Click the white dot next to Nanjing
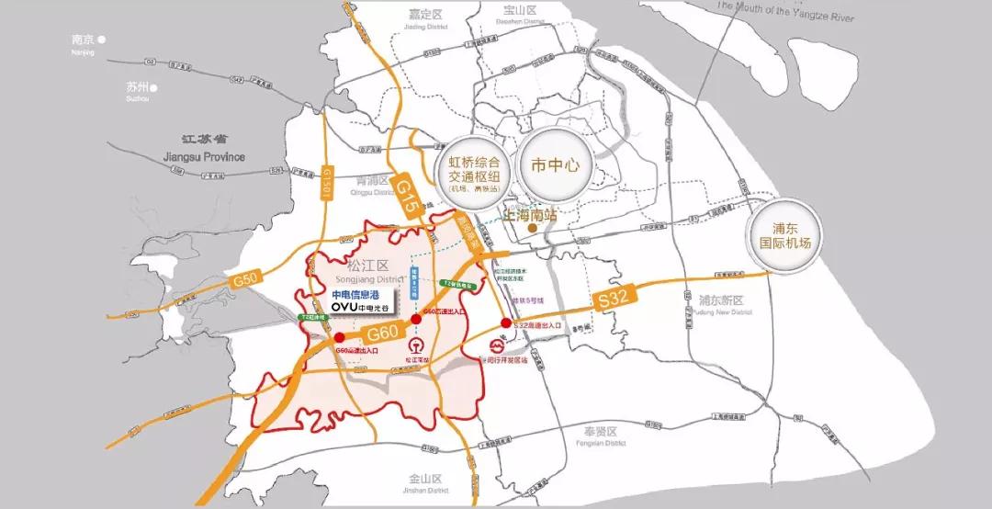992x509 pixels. coord(103,40)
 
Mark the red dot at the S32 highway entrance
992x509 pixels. coord(506,323)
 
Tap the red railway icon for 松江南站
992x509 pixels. coord(412,348)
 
